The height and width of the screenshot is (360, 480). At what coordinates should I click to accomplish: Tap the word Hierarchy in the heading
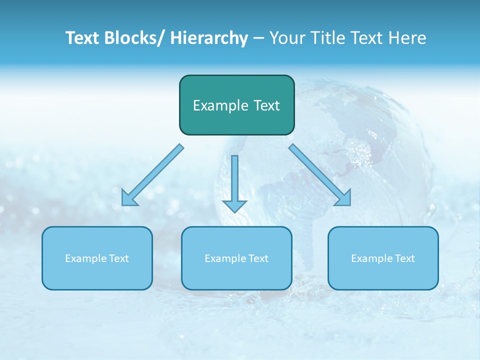208,38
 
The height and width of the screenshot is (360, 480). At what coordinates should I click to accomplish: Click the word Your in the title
286,38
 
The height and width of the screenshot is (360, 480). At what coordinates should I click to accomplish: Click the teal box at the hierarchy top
236,105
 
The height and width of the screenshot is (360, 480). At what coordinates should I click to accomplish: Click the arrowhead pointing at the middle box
234,205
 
